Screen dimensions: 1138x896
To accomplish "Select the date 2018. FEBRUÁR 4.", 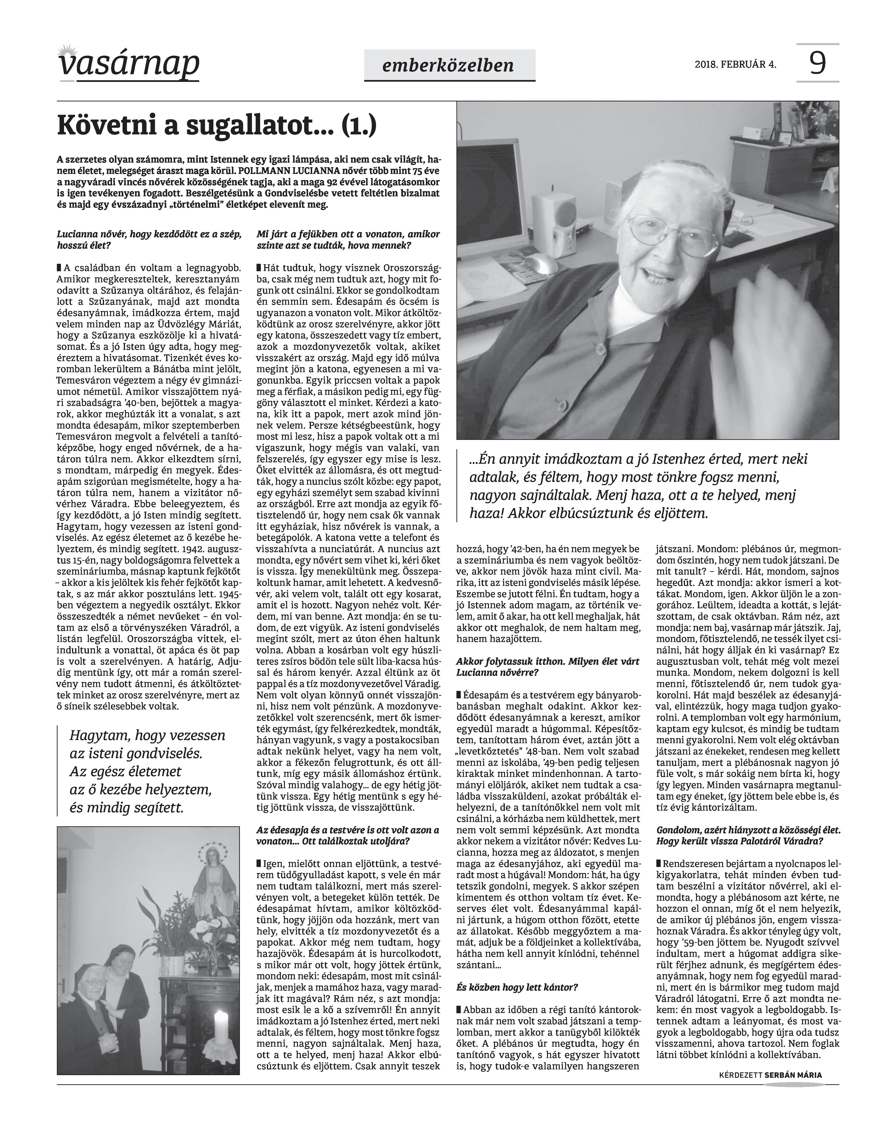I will click(735, 65).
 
